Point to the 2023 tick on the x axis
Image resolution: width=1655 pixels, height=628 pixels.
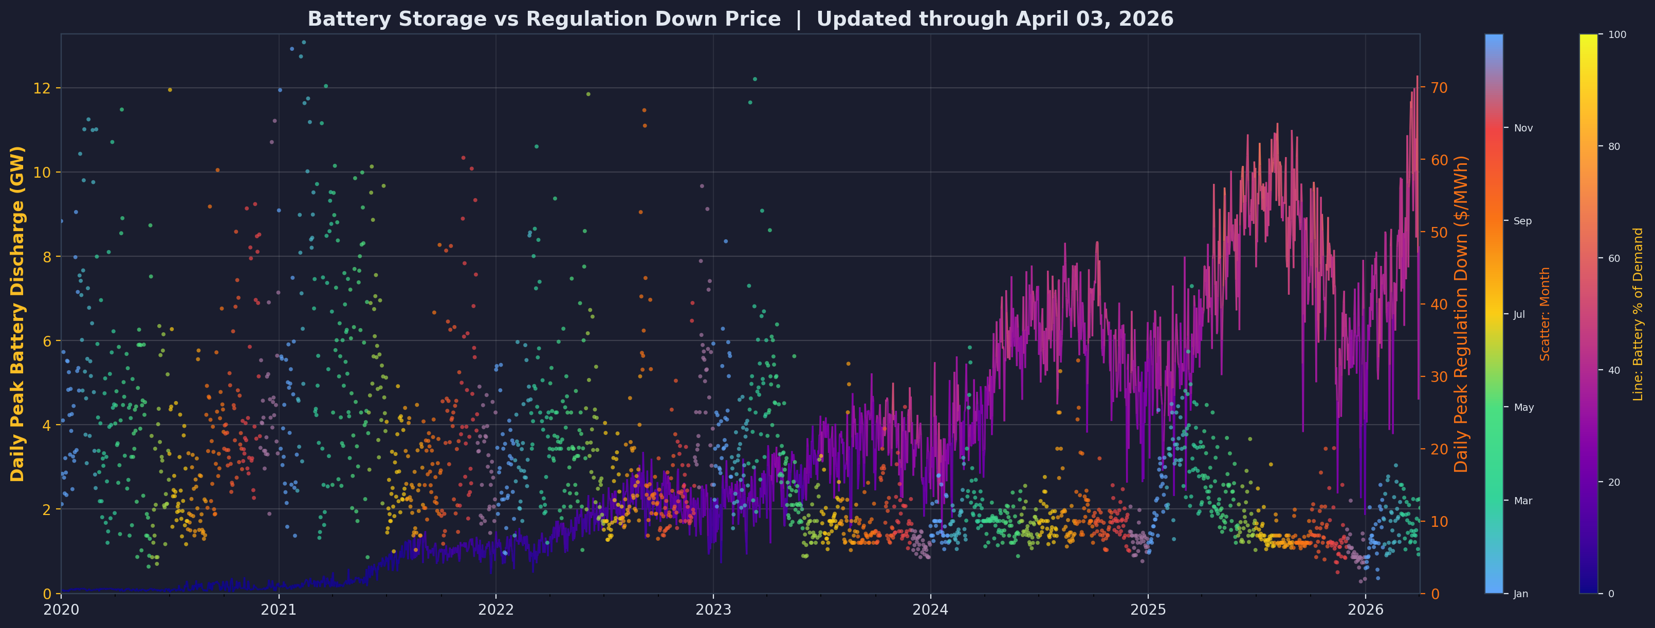(713, 608)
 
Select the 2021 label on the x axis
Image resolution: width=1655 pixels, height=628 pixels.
(278, 608)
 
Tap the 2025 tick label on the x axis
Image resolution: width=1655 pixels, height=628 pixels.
(1148, 608)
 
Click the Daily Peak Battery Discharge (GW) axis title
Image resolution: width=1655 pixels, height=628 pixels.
(17, 313)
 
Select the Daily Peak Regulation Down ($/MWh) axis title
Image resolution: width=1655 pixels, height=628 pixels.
(1462, 313)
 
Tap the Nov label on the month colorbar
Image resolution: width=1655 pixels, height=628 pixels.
(1523, 128)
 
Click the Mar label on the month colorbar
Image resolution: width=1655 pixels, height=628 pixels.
(1522, 501)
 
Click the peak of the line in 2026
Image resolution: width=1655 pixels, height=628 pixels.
(1418, 77)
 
